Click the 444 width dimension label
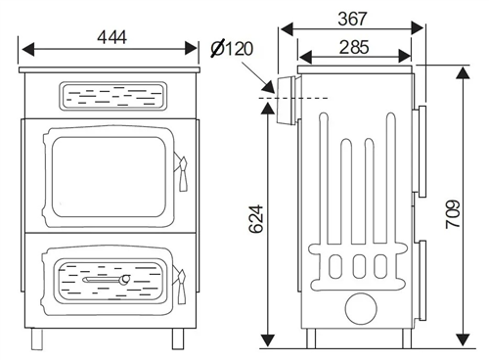pyautogui.click(x=111, y=37)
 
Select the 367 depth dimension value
pyautogui.click(x=352, y=19)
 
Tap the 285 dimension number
pyautogui.click(x=354, y=47)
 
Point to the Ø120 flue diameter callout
pyautogui.click(x=232, y=49)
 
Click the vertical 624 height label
pyautogui.click(x=256, y=219)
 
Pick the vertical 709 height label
pyautogui.click(x=453, y=214)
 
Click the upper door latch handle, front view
pyautogui.click(x=182, y=173)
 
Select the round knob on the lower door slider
pyautogui.click(x=124, y=279)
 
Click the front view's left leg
pyautogui.click(x=37, y=338)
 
